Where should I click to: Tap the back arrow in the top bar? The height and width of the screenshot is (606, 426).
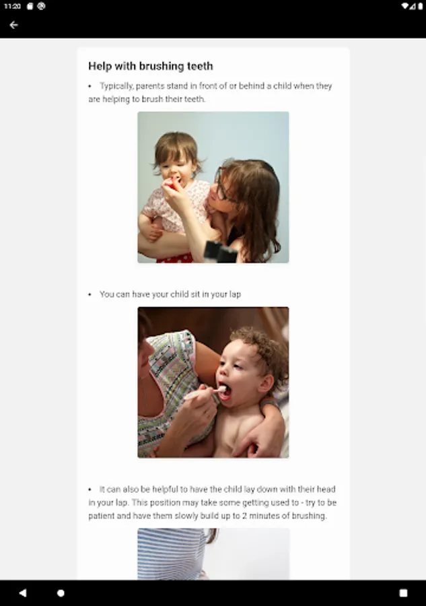(x=13, y=25)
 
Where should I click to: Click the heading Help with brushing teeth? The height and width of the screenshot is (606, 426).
(x=150, y=66)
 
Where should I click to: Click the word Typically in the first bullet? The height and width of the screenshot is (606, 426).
(x=118, y=86)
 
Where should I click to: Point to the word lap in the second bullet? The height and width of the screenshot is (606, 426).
(x=234, y=294)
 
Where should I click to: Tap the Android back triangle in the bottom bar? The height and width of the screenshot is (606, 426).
(x=23, y=593)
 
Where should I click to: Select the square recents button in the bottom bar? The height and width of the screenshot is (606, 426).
(x=403, y=593)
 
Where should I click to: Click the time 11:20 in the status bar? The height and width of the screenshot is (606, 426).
(x=12, y=6)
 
